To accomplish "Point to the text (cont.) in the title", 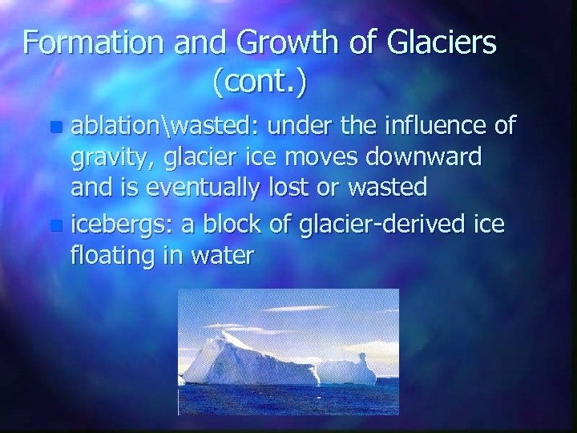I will click(x=260, y=80).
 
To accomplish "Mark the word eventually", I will click(x=214, y=188).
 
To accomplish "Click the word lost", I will click(x=305, y=188).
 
